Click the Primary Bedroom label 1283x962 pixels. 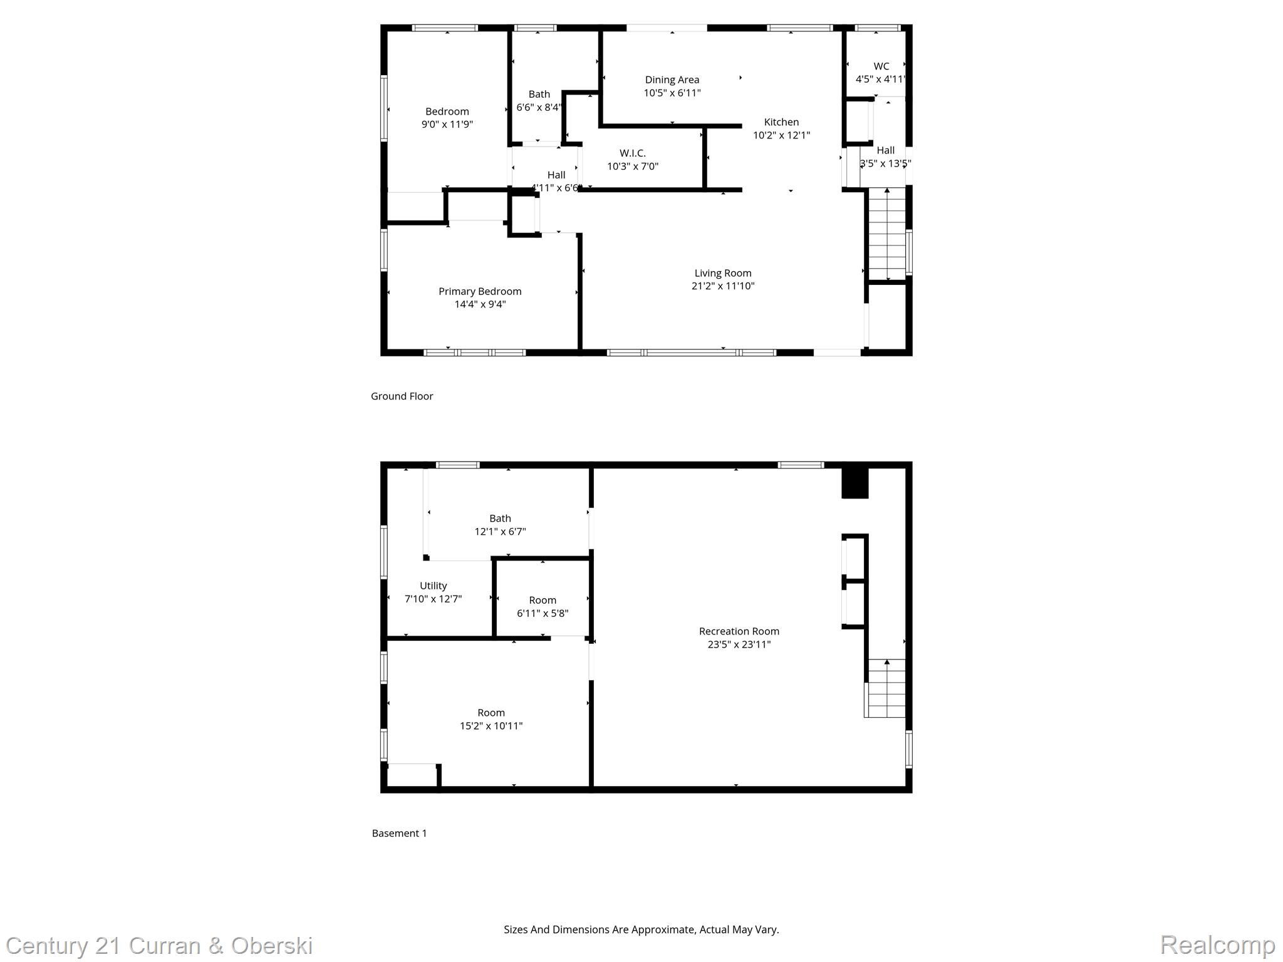tap(480, 291)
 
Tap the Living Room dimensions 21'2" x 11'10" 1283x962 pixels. tap(723, 286)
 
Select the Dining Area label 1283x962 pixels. tap(672, 80)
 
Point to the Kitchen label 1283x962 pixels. tap(781, 122)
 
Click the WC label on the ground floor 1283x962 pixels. tap(881, 66)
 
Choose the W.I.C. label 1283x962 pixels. tap(632, 153)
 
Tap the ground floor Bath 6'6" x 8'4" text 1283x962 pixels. tap(539, 107)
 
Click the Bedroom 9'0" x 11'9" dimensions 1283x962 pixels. tap(447, 124)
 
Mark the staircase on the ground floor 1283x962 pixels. tap(887, 235)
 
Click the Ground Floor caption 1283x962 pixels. tap(402, 396)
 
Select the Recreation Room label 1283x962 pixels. tap(739, 631)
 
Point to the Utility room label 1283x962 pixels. tap(433, 586)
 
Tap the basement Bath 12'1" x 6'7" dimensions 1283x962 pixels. tap(500, 532)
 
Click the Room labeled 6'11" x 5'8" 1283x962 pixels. tap(543, 606)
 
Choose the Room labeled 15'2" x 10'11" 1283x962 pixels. tap(491, 719)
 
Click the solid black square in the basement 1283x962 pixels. tap(854, 484)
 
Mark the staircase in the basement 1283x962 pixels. tap(885, 688)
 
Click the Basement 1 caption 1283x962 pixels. tap(399, 833)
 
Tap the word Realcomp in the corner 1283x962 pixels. tap(1217, 944)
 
